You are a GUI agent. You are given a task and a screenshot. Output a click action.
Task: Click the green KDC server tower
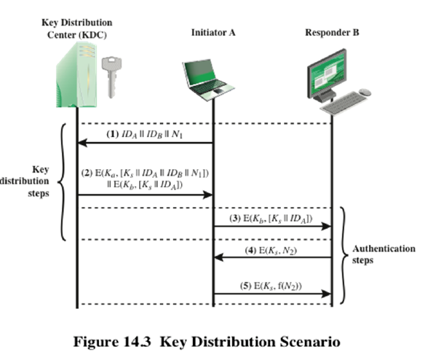(74, 74)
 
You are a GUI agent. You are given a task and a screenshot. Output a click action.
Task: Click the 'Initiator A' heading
(213, 34)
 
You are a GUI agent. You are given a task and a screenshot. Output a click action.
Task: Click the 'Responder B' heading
(333, 34)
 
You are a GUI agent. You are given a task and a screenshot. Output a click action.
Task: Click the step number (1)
(112, 136)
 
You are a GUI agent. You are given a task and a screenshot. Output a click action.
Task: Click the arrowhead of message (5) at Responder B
(327, 294)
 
